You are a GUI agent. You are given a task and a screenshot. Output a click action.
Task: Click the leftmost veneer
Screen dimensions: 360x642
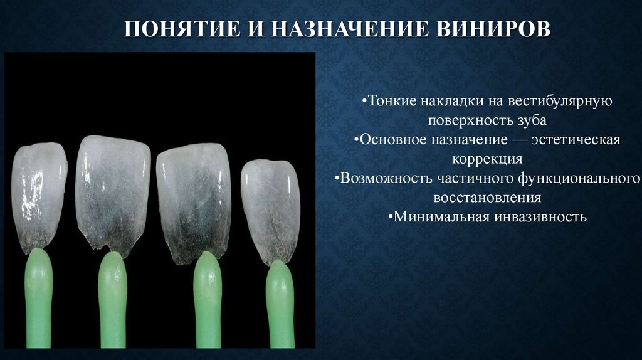click(39, 194)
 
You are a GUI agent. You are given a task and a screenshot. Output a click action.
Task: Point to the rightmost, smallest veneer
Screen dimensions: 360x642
click(270, 207)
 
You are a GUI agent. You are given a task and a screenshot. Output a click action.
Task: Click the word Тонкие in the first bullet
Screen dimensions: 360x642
click(389, 101)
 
